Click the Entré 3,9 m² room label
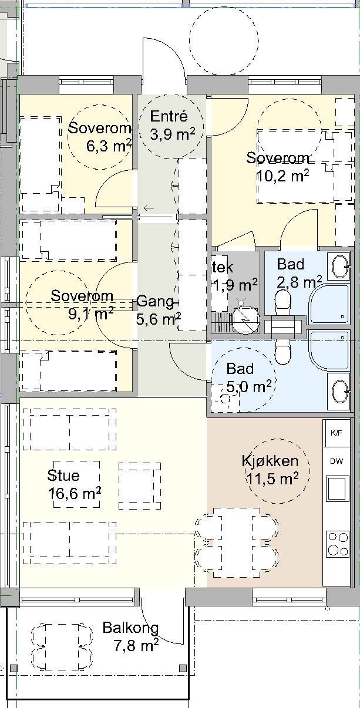click(x=172, y=125)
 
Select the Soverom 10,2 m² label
click(x=277, y=166)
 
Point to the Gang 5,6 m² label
click(x=157, y=311)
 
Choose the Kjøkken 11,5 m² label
click(x=270, y=470)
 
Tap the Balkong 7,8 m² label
click(x=130, y=636)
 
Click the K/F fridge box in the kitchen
click(x=337, y=433)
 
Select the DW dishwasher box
click(x=337, y=461)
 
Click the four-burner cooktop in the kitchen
click(x=337, y=543)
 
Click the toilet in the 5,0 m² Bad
click(x=283, y=353)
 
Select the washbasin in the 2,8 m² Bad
click(x=340, y=267)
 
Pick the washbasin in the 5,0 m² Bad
click(x=340, y=390)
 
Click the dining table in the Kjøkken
click(x=236, y=541)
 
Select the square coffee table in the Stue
click(x=140, y=485)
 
